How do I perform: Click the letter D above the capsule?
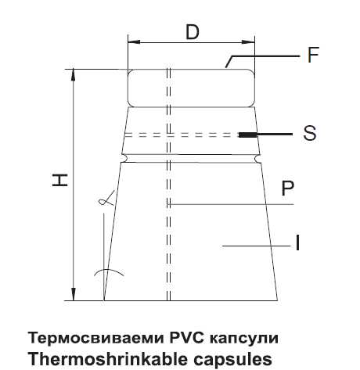coord(193,32)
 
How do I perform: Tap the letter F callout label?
coord(313,55)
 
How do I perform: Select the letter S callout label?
coord(310,133)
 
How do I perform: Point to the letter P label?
coord(288,189)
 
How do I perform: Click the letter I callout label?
coord(297,242)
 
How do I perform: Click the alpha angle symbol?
coord(106,199)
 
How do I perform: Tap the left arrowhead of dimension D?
coord(134,41)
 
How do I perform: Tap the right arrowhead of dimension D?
coord(248,41)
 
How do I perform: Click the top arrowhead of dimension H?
coord(74,75)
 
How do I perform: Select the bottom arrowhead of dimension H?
coord(74,294)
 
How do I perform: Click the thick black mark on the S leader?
coord(247,135)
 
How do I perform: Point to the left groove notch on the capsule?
coord(125,158)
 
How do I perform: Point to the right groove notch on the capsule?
coord(258,158)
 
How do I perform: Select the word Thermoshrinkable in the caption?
coord(107,359)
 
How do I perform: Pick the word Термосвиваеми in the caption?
coord(96,338)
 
